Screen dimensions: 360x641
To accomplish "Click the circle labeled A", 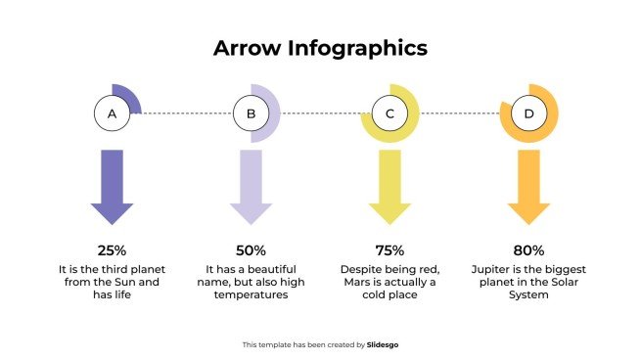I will pyautogui.click(x=112, y=114).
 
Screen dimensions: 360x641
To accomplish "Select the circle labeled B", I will pyautogui.click(x=251, y=114).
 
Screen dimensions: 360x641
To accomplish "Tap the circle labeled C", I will pyautogui.click(x=389, y=114).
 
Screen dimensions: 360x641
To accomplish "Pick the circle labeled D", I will pyautogui.click(x=528, y=114).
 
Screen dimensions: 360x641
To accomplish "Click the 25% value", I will pyautogui.click(x=112, y=250).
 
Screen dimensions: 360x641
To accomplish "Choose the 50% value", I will pyautogui.click(x=251, y=250).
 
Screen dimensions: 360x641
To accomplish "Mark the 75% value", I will pyautogui.click(x=389, y=250).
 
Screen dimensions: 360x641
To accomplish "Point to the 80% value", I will pyautogui.click(x=528, y=250).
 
